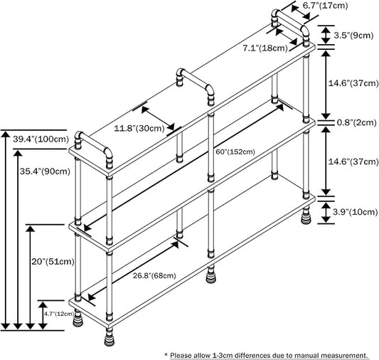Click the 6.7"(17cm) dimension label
coord(325,5)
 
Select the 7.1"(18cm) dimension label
coord(265,48)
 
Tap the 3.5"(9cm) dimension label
coord(353,36)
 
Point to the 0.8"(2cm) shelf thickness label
coord(357,122)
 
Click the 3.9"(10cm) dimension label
coord(355,212)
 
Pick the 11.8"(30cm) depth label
coord(139,128)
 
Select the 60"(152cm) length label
coord(235,152)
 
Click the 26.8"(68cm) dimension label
coord(154,275)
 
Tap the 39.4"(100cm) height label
coord(41,139)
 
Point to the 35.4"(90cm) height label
coord(45,171)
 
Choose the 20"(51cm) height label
coord(53,261)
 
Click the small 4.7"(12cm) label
coord(59,314)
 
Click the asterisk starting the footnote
coord(166,355)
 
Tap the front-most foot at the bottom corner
coord(110,337)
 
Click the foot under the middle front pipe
coord(211,275)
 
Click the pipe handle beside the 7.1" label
coord(290,26)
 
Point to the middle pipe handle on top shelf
coord(196,86)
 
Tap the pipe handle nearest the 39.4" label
coord(93,149)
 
